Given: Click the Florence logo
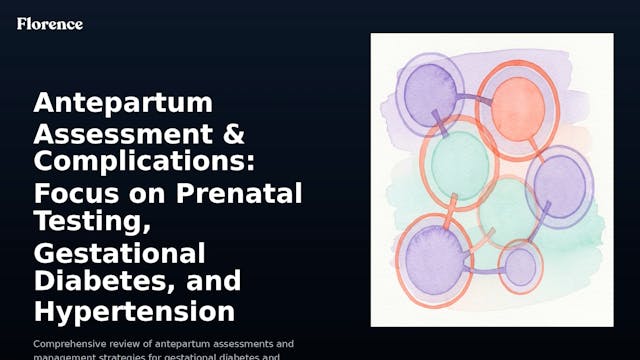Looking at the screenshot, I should point(50,23).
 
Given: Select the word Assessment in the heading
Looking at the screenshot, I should point(111,133).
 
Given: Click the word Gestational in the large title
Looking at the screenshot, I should point(119,252).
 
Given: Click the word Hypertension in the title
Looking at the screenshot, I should point(134,310).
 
